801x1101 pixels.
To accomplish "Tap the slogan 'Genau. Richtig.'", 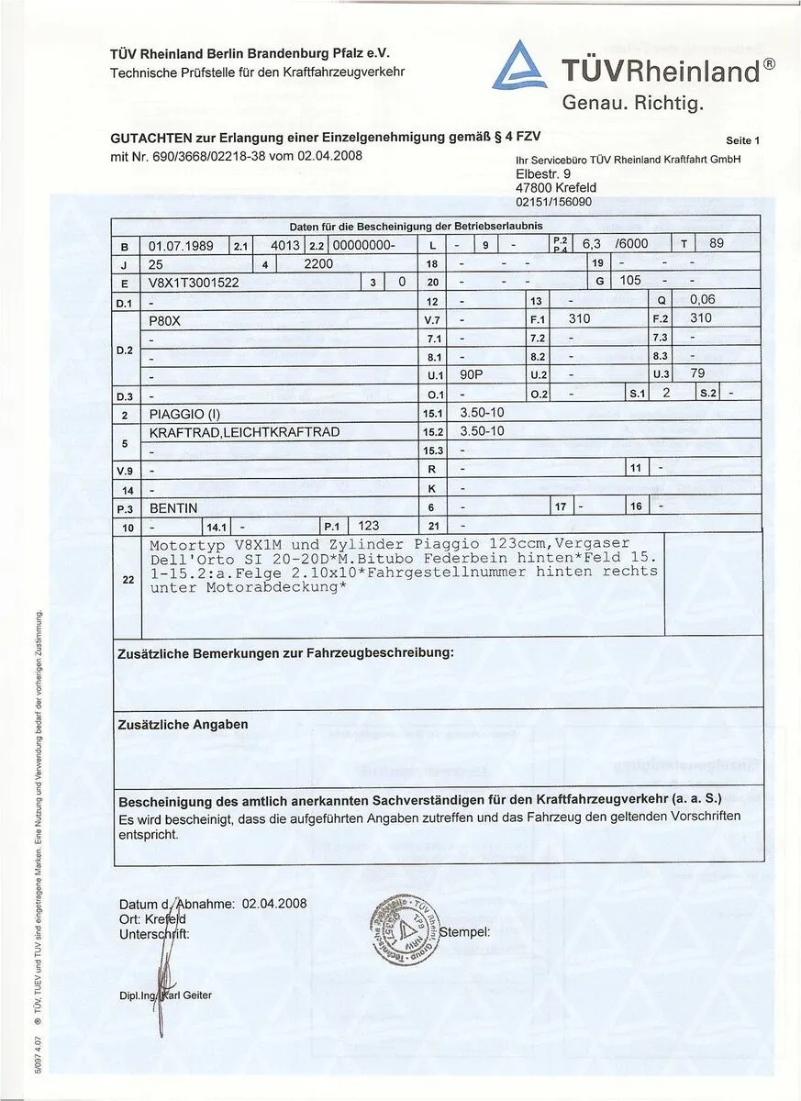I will click(632, 103).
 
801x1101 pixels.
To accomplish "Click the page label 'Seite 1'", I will click(743, 140).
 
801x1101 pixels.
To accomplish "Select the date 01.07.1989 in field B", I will click(181, 246).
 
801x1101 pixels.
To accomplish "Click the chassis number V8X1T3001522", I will click(194, 282).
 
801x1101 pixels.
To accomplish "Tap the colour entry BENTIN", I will click(173, 507).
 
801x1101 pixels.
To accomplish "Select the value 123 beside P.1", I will click(369, 526).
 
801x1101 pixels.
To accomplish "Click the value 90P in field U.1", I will click(471, 374).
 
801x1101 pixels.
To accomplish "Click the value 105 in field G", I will click(630, 280).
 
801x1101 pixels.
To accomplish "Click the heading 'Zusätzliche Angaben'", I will click(184, 724).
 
